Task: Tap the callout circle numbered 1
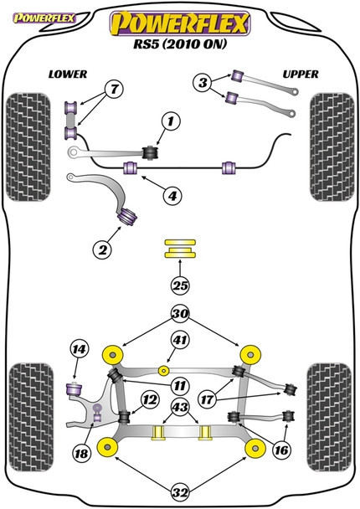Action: click(x=171, y=121)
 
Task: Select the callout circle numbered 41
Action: click(x=181, y=340)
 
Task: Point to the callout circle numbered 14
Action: click(x=80, y=349)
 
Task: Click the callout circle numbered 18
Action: click(x=81, y=453)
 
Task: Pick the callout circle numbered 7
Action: click(x=114, y=89)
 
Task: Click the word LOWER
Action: click(x=68, y=75)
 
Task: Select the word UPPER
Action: click(x=301, y=75)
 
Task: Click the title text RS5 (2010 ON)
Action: click(x=180, y=44)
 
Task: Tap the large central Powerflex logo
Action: click(x=180, y=23)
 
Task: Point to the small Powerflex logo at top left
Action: click(x=44, y=18)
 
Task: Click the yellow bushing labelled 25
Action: click(x=180, y=249)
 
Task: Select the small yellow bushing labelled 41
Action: click(x=164, y=370)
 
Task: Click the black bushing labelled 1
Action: click(x=151, y=152)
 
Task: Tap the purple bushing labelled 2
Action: click(x=127, y=216)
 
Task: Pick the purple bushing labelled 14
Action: click(x=75, y=389)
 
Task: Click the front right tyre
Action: click(x=332, y=147)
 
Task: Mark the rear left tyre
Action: click(x=31, y=417)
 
